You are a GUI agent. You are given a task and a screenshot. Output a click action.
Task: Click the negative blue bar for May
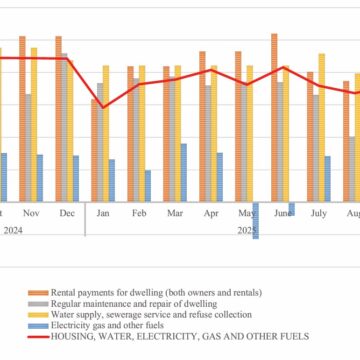(x=256, y=220)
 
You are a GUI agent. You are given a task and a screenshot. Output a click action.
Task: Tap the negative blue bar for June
(x=292, y=208)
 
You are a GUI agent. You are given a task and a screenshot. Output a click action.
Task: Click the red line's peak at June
(x=284, y=67)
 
